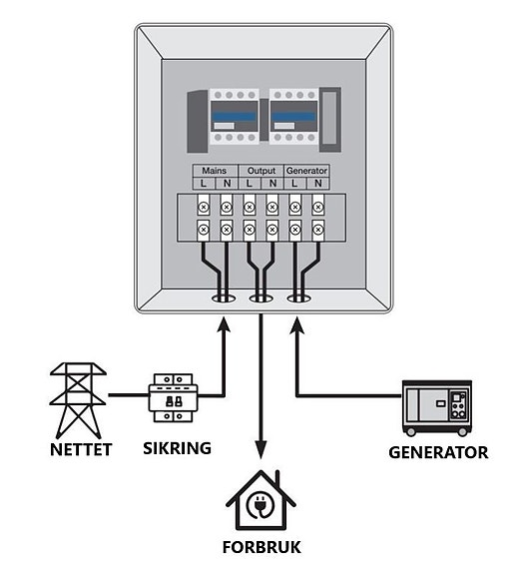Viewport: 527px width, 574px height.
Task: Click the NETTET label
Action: pyautogui.click(x=81, y=449)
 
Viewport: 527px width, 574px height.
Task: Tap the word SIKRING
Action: pyautogui.click(x=177, y=448)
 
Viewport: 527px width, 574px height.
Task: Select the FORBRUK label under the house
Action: pyautogui.click(x=262, y=547)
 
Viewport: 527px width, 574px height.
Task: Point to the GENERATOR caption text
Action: pyautogui.click(x=438, y=452)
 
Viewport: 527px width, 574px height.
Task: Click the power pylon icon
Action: pyautogui.click(x=78, y=400)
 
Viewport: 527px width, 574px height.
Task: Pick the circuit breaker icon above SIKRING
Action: pyautogui.click(x=173, y=398)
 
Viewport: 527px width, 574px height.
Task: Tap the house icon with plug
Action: pyautogui.click(x=261, y=500)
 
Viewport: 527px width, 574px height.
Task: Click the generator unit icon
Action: pyautogui.click(x=437, y=408)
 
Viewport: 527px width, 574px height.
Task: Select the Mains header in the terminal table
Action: pyautogui.click(x=215, y=171)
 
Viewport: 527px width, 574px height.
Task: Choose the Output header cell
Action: pyautogui.click(x=262, y=171)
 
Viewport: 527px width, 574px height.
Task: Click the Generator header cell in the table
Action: pyautogui.click(x=306, y=171)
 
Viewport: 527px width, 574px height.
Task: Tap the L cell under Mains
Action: pyautogui.click(x=204, y=184)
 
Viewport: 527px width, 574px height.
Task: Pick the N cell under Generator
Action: pyautogui.click(x=318, y=184)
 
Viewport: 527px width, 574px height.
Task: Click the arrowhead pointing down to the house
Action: pyautogui.click(x=261, y=449)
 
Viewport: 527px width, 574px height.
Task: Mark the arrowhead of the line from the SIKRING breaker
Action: pyautogui.click(x=224, y=324)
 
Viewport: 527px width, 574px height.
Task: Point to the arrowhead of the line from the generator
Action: pyautogui.click(x=297, y=324)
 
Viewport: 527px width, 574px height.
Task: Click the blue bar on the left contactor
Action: pyautogui.click(x=235, y=117)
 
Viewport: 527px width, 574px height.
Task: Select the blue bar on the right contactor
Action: pyautogui.click(x=293, y=117)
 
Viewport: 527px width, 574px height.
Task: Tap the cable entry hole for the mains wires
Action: pyautogui.click(x=224, y=298)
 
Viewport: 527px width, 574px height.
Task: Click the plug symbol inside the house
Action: pyautogui.click(x=261, y=505)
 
